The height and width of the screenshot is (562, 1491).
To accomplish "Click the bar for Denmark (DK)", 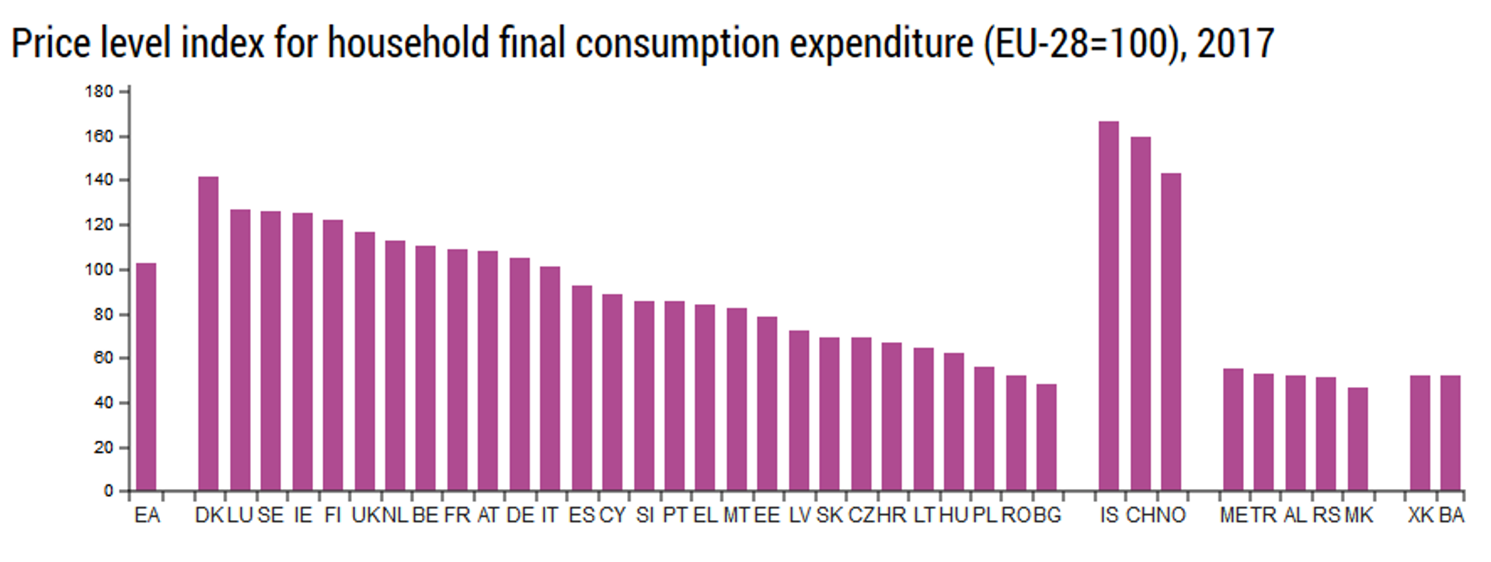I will click(208, 334).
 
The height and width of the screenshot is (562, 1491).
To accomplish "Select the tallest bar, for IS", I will click(1109, 306).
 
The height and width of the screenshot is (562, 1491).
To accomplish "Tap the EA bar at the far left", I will click(146, 377).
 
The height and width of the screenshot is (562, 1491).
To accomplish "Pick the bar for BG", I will click(1047, 437).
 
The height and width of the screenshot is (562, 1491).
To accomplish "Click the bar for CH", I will click(1140, 314).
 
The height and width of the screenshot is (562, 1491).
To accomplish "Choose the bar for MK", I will click(1357, 439).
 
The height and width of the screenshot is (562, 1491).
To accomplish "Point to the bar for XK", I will click(1420, 433).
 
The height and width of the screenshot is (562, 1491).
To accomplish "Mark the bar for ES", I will click(582, 388).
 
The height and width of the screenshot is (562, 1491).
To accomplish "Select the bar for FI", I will click(333, 355).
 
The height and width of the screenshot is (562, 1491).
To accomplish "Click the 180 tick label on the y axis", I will click(99, 92).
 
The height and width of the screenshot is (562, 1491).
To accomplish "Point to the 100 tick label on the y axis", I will click(99, 271).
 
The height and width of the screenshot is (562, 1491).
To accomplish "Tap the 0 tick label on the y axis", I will click(109, 491).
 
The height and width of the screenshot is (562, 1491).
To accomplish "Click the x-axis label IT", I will click(549, 515).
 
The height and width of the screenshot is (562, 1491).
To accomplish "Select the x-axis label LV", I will click(799, 515).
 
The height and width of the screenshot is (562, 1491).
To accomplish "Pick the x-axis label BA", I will click(1451, 515).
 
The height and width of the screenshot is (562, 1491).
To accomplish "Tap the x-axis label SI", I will click(644, 515).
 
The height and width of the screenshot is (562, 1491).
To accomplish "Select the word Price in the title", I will click(51, 43).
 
